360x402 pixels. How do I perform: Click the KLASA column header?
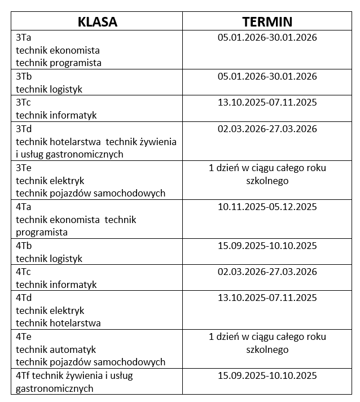tap(98, 22)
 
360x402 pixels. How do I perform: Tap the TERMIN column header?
tap(267, 22)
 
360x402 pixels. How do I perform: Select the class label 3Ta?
tap(24, 38)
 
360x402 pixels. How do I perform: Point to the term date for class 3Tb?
tap(267, 76)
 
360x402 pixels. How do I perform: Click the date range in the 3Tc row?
tap(267, 102)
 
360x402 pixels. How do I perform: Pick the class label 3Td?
tap(24, 129)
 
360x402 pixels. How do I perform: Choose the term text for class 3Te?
tap(267, 174)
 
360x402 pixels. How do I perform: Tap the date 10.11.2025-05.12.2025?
tap(267, 207)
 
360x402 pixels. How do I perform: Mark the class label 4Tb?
tap(24, 246)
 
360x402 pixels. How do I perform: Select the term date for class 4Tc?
tap(267, 272)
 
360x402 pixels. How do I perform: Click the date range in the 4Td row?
tap(267, 298)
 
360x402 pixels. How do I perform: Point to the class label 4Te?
tap(24, 337)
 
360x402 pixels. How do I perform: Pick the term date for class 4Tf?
tap(267, 375)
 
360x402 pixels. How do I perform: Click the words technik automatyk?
tap(56, 349)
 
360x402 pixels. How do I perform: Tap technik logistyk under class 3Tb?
tap(49, 89)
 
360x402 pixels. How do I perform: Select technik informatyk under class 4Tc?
tap(56, 285)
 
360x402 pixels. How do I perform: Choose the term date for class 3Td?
tap(267, 129)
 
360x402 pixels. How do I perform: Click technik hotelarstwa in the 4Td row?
tap(58, 324)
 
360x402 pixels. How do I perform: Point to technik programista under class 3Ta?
tap(59, 63)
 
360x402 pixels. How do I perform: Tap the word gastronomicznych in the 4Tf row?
tap(54, 388)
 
